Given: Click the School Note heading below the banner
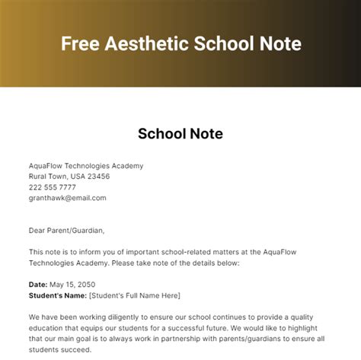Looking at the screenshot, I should pyautogui.click(x=180, y=134).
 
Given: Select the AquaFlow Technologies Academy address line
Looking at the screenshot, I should pyautogui.click(x=86, y=166).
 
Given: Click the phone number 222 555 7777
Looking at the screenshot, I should pyautogui.click(x=53, y=187).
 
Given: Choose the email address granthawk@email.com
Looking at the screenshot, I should pyautogui.click(x=68, y=198).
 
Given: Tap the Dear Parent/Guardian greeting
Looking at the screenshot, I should pyautogui.click(x=67, y=231).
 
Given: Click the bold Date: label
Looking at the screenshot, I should pyautogui.click(x=39, y=285).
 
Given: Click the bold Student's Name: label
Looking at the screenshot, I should pyautogui.click(x=57, y=295).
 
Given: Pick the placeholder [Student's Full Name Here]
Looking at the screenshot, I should pyautogui.click(x=135, y=295).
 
